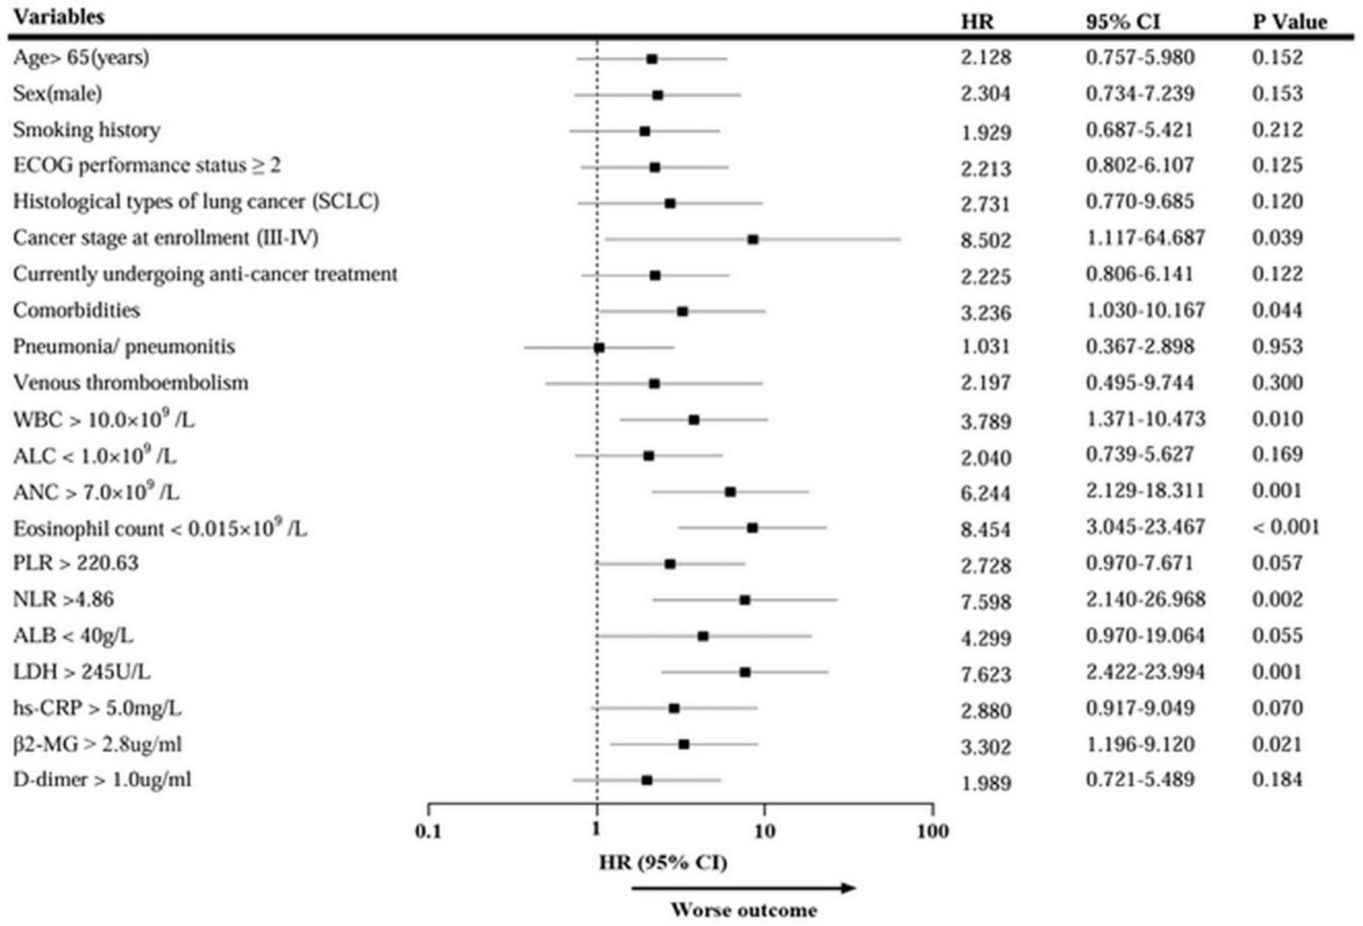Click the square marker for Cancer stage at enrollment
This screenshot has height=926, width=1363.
pos(753,239)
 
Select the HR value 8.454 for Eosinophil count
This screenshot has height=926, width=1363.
pos(985,529)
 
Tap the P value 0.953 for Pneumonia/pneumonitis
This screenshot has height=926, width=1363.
pos(1277,346)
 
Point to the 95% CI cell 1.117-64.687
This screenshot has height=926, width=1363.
pos(1145,238)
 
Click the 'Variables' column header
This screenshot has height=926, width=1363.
pos(58,17)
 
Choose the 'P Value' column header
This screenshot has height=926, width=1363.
pos(1289,22)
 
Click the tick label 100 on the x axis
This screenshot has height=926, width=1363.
pos(932,831)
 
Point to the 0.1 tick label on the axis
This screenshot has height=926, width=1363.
pos(428,831)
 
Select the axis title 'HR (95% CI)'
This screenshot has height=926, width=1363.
pos(663,862)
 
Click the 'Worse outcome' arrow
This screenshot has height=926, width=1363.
pos(743,888)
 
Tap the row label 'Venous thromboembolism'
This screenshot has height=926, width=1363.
pos(131,382)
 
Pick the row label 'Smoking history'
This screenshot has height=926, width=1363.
pos(87,129)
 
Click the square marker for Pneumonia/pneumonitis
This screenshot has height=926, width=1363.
pos(599,348)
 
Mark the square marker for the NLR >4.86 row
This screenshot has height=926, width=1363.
pos(745,600)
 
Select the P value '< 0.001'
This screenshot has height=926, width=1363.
pos(1285,527)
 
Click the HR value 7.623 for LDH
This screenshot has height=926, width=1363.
pos(985,674)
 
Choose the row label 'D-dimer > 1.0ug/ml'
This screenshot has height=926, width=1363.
pos(102,779)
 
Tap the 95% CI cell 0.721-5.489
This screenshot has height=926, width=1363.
pos(1140,779)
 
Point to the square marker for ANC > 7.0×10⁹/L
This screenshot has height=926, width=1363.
pos(730,491)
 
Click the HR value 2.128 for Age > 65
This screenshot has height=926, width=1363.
pos(985,58)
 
